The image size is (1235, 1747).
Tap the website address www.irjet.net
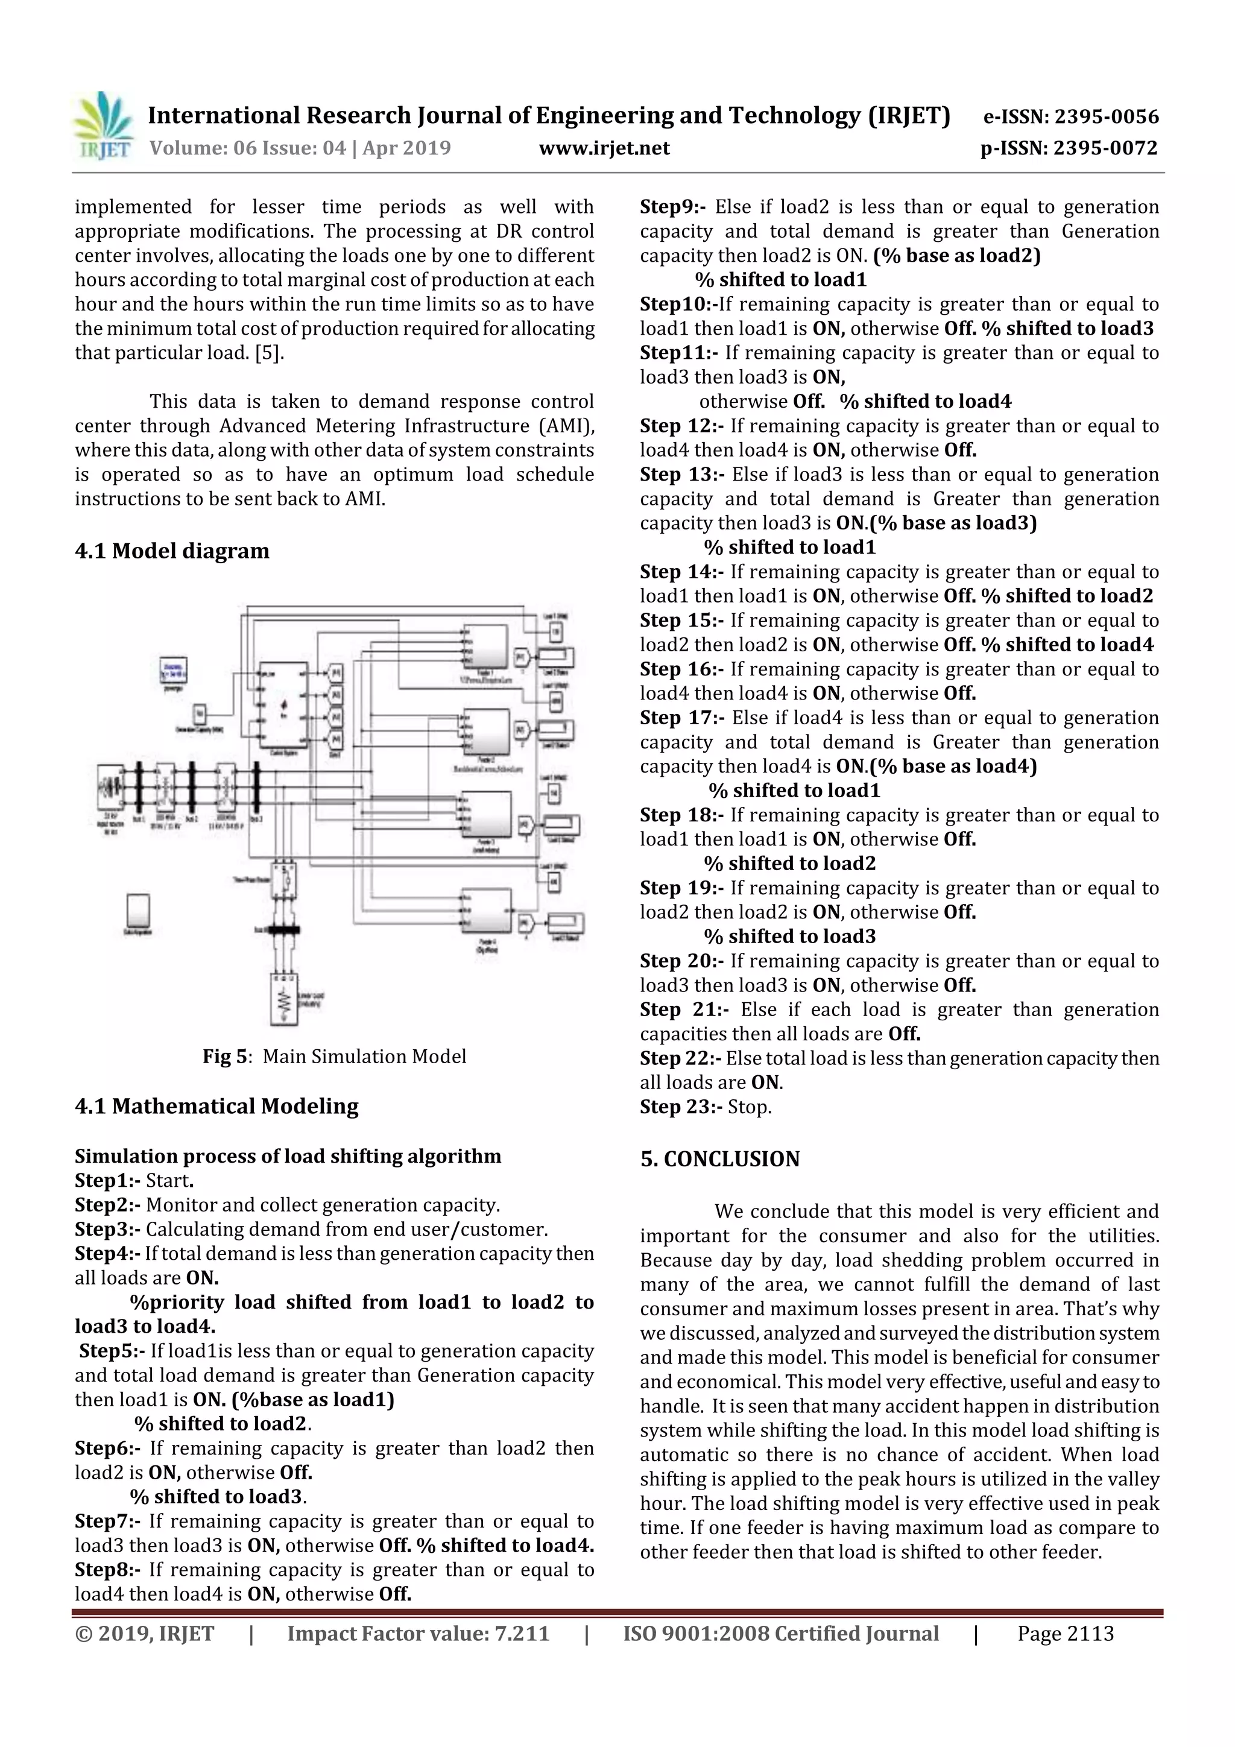coord(604,148)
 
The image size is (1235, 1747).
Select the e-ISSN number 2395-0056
coord(1107,116)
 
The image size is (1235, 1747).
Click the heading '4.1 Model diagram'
coord(172,551)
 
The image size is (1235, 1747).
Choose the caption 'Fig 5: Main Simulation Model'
coord(334,1056)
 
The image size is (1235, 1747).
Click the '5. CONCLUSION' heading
coord(720,1159)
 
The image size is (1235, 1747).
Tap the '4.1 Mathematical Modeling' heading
coord(217,1107)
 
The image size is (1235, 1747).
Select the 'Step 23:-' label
coord(681,1107)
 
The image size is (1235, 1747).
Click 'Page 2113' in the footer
coord(1066,1634)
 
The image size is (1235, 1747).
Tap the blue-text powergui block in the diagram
coord(174,671)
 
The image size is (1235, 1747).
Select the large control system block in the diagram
coord(283,704)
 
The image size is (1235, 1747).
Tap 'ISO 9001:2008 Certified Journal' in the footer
coord(781,1634)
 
